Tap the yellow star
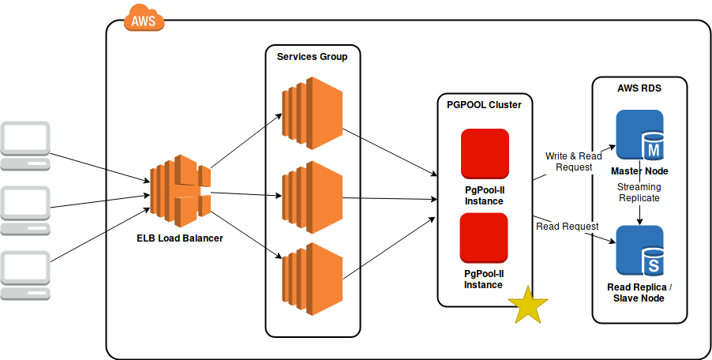coord(527,306)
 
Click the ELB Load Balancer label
coord(180,238)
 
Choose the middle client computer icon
coord(25,210)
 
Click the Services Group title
coord(312,57)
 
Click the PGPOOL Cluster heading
coord(484,105)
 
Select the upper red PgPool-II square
coord(484,154)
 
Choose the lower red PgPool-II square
coord(484,238)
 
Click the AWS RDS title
coord(639,88)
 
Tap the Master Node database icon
coord(639,136)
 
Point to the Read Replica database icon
coord(639,252)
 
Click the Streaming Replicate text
coord(639,193)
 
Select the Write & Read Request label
coord(573,162)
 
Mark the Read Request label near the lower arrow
coord(567,227)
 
